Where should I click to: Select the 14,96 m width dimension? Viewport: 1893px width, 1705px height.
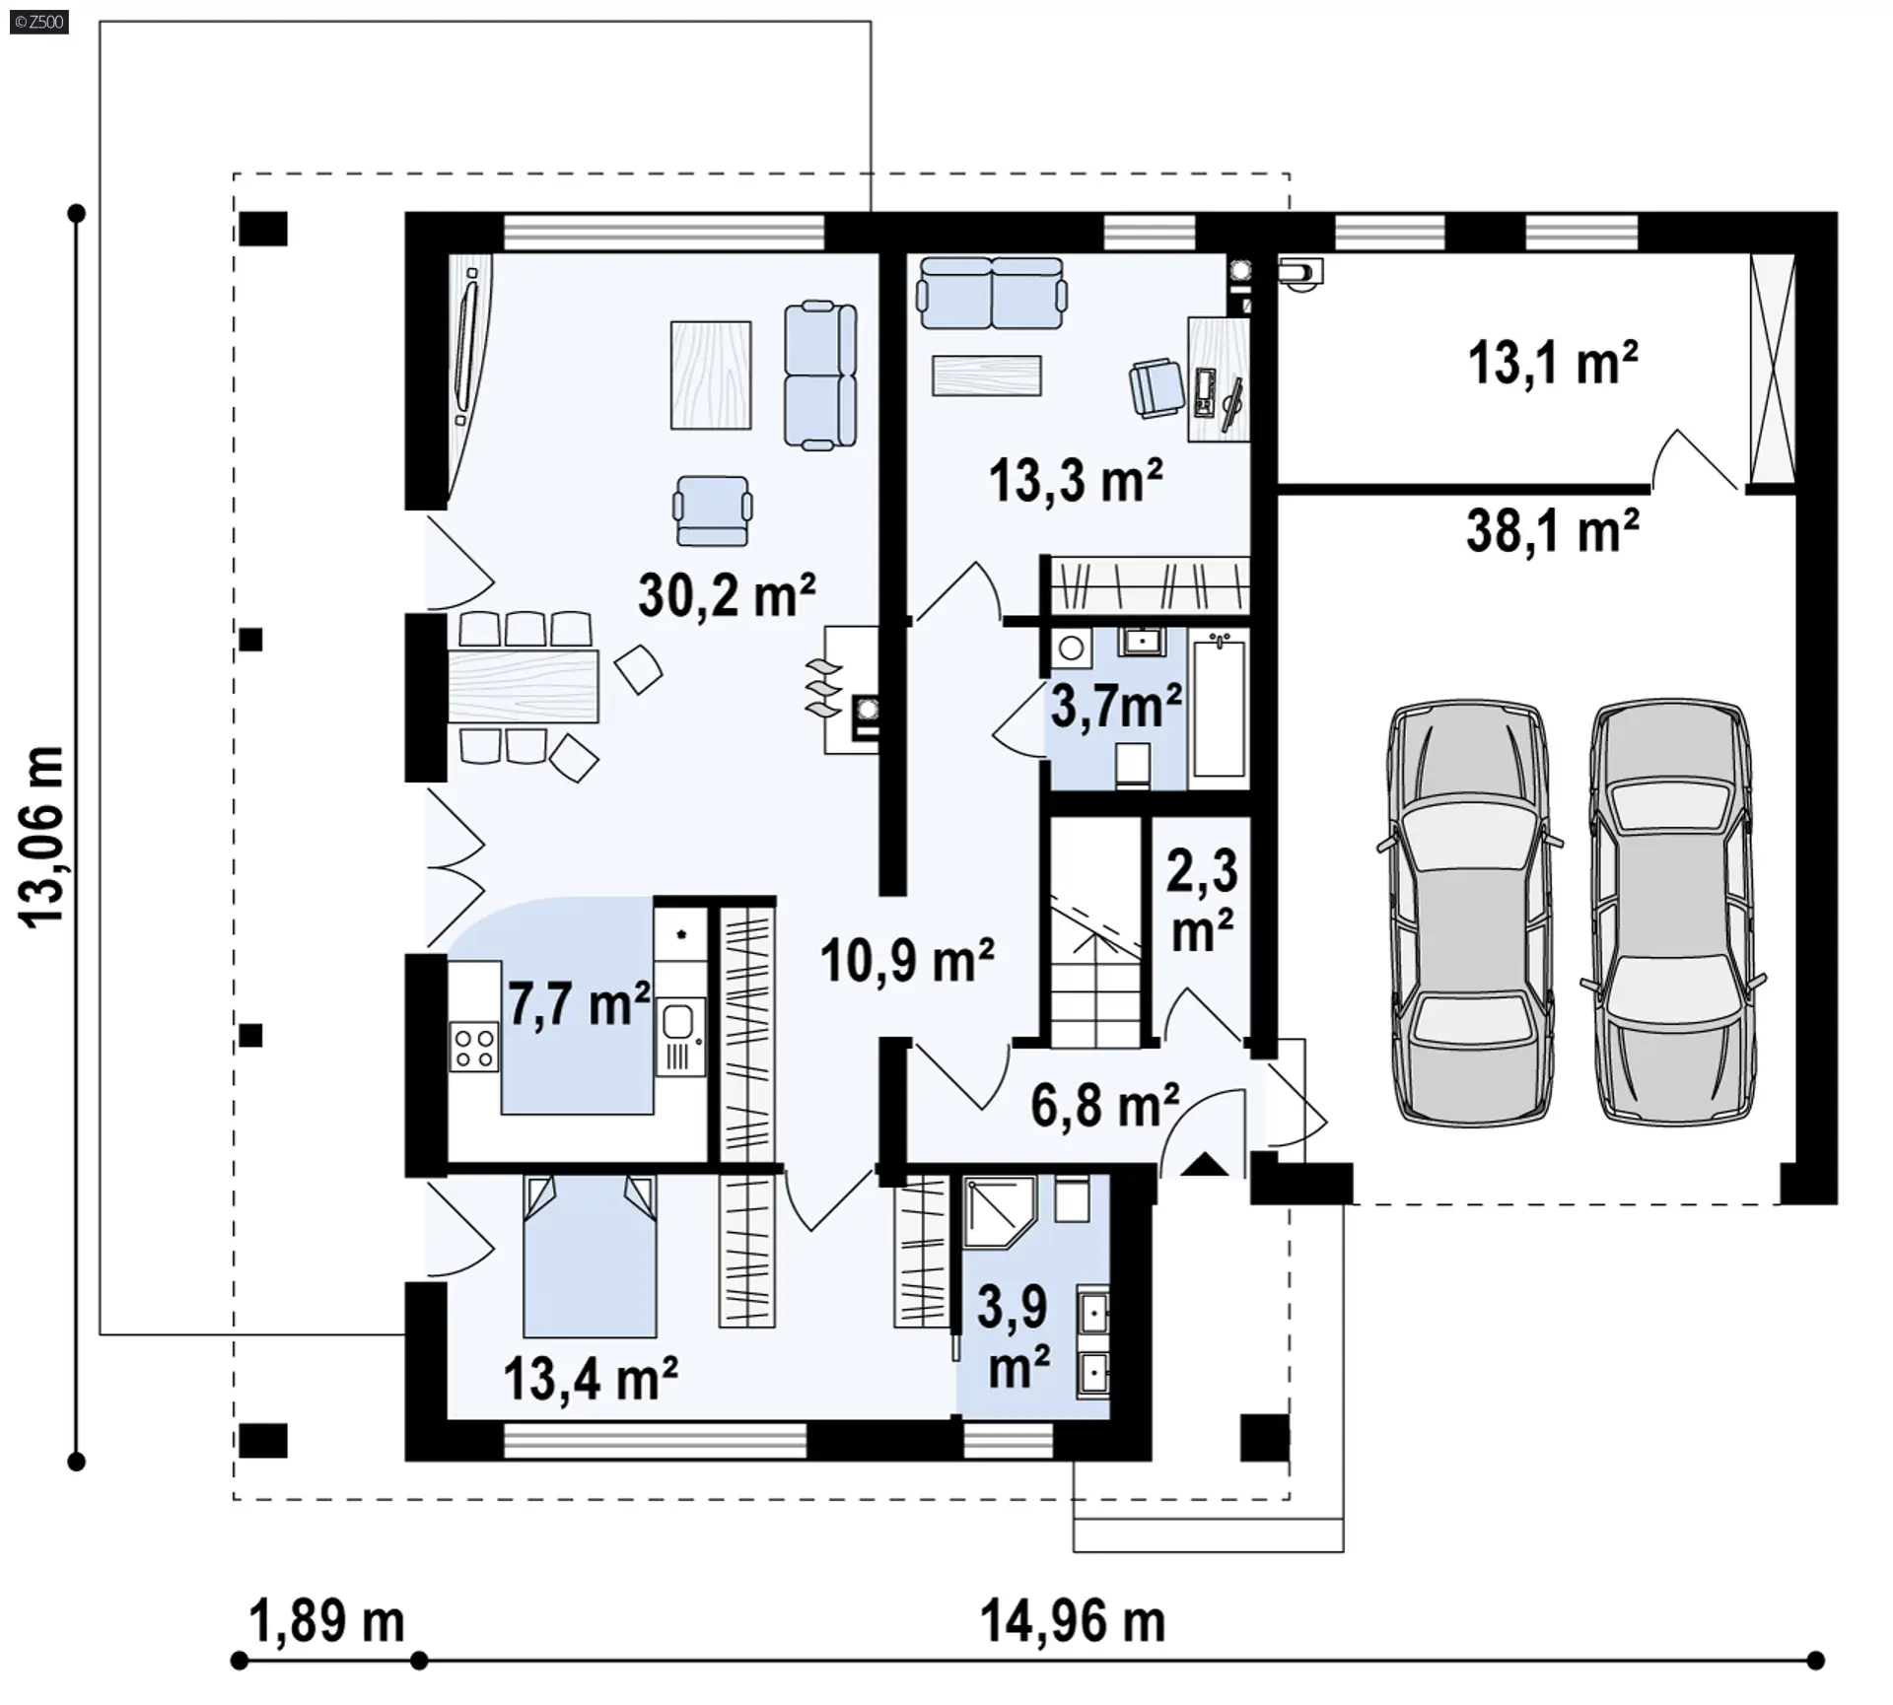pos(1073,1621)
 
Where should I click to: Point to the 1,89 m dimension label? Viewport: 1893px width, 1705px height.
pos(327,1621)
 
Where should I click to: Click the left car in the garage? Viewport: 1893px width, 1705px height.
pos(1469,914)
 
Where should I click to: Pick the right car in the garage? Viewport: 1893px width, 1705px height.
pos(1673,912)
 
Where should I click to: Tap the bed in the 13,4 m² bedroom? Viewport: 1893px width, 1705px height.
pos(590,1255)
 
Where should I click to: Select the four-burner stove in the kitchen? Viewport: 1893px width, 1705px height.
pos(474,1048)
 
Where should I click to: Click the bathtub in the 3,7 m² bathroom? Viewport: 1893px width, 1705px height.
pos(1220,708)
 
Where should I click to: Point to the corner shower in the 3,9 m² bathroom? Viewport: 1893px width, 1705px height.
pos(999,1213)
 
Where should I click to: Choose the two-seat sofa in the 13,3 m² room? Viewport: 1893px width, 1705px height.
pos(991,293)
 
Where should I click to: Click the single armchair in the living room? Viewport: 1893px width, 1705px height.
pos(713,510)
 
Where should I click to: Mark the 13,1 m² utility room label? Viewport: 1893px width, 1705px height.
pos(1553,363)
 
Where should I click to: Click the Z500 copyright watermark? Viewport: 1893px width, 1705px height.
pos(39,22)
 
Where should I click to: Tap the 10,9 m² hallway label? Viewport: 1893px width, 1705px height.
pos(907,961)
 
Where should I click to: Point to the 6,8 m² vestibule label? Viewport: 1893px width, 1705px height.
pos(1105,1106)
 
